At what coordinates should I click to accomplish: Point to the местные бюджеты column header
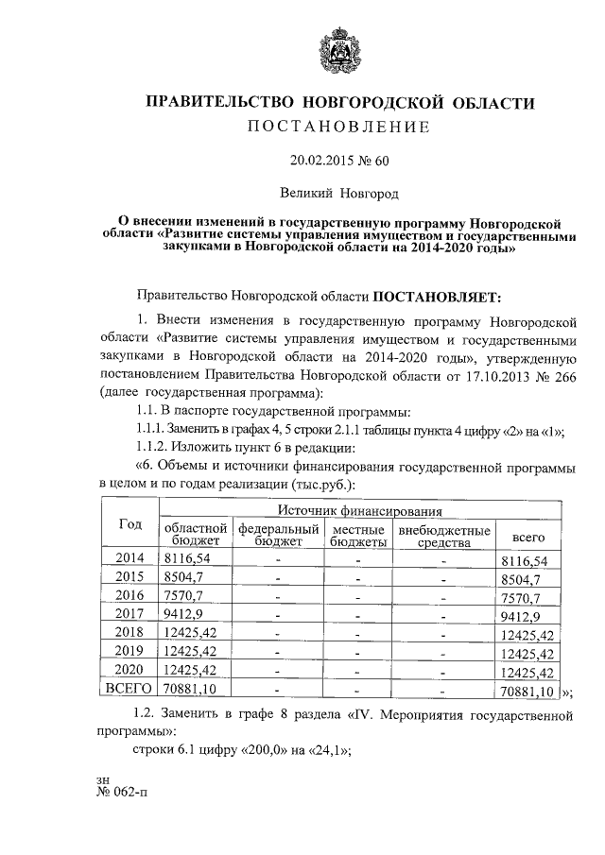pyautogui.click(x=357, y=536)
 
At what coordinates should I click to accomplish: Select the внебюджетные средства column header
pyautogui.click(x=443, y=536)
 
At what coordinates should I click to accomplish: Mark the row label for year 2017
pyautogui.click(x=130, y=614)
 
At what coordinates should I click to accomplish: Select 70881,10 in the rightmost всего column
pyautogui.click(x=527, y=691)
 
